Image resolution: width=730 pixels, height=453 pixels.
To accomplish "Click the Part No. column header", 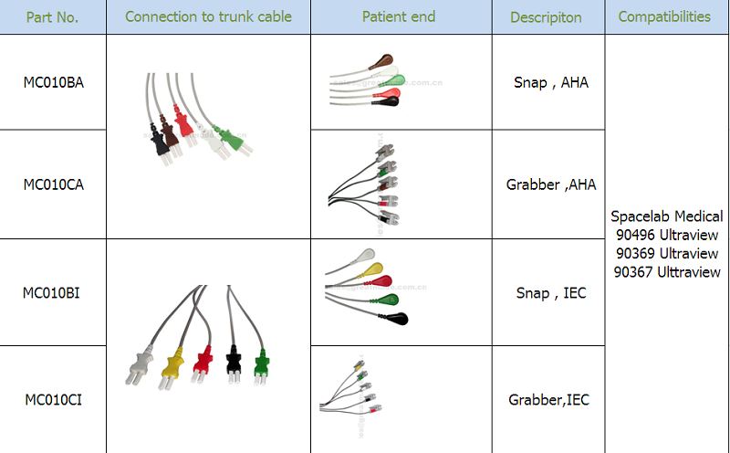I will [52, 17].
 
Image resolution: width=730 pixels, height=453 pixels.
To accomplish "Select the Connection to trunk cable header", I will [208, 16].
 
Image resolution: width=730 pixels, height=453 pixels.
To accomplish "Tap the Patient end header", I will [399, 16].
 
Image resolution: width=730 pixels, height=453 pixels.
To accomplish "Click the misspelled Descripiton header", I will [547, 17].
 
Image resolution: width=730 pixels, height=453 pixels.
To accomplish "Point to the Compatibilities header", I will [664, 16].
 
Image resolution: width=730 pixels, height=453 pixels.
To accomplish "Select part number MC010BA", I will [54, 82].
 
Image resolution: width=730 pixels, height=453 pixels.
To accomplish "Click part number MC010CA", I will [54, 184].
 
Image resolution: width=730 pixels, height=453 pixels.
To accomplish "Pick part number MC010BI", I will [52, 293].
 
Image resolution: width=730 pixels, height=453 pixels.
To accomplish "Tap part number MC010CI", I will [53, 399].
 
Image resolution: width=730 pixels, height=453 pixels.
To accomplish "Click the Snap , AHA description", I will [551, 82].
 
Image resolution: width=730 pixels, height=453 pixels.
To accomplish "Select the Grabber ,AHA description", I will [551, 184].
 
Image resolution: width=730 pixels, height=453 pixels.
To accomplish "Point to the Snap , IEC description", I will [550, 293].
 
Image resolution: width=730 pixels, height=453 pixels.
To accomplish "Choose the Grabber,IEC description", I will [549, 400].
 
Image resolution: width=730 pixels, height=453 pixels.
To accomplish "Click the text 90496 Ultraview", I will [667, 235].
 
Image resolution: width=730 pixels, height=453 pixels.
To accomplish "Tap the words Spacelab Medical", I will [667, 216].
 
